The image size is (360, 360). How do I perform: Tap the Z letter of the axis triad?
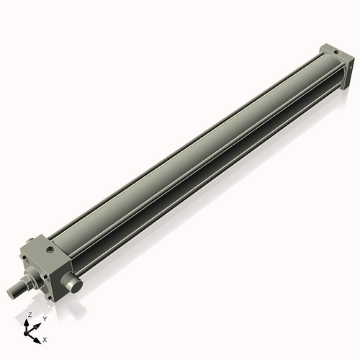[x=29, y=315]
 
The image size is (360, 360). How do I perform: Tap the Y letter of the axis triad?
[x=45, y=318]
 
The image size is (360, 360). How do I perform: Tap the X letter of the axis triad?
[x=45, y=338]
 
